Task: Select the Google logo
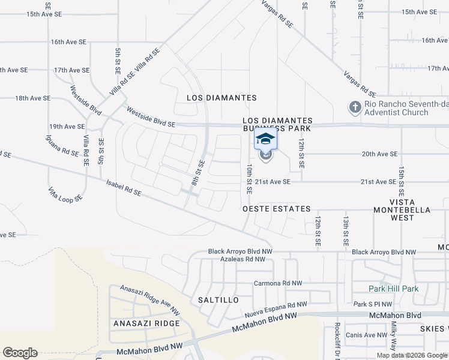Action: click(x=20, y=353)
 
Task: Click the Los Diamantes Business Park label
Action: click(x=277, y=124)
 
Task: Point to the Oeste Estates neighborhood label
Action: click(x=276, y=209)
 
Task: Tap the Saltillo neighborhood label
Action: click(x=214, y=299)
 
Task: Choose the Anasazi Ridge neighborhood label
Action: click(x=146, y=323)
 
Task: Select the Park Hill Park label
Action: click(x=394, y=289)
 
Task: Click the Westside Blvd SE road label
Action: click(x=150, y=116)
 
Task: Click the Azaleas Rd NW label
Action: click(x=243, y=259)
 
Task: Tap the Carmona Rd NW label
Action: click(x=278, y=283)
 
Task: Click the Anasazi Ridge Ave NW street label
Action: click(x=149, y=300)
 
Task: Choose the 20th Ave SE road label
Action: click(x=379, y=154)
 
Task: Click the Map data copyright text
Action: click(x=412, y=355)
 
